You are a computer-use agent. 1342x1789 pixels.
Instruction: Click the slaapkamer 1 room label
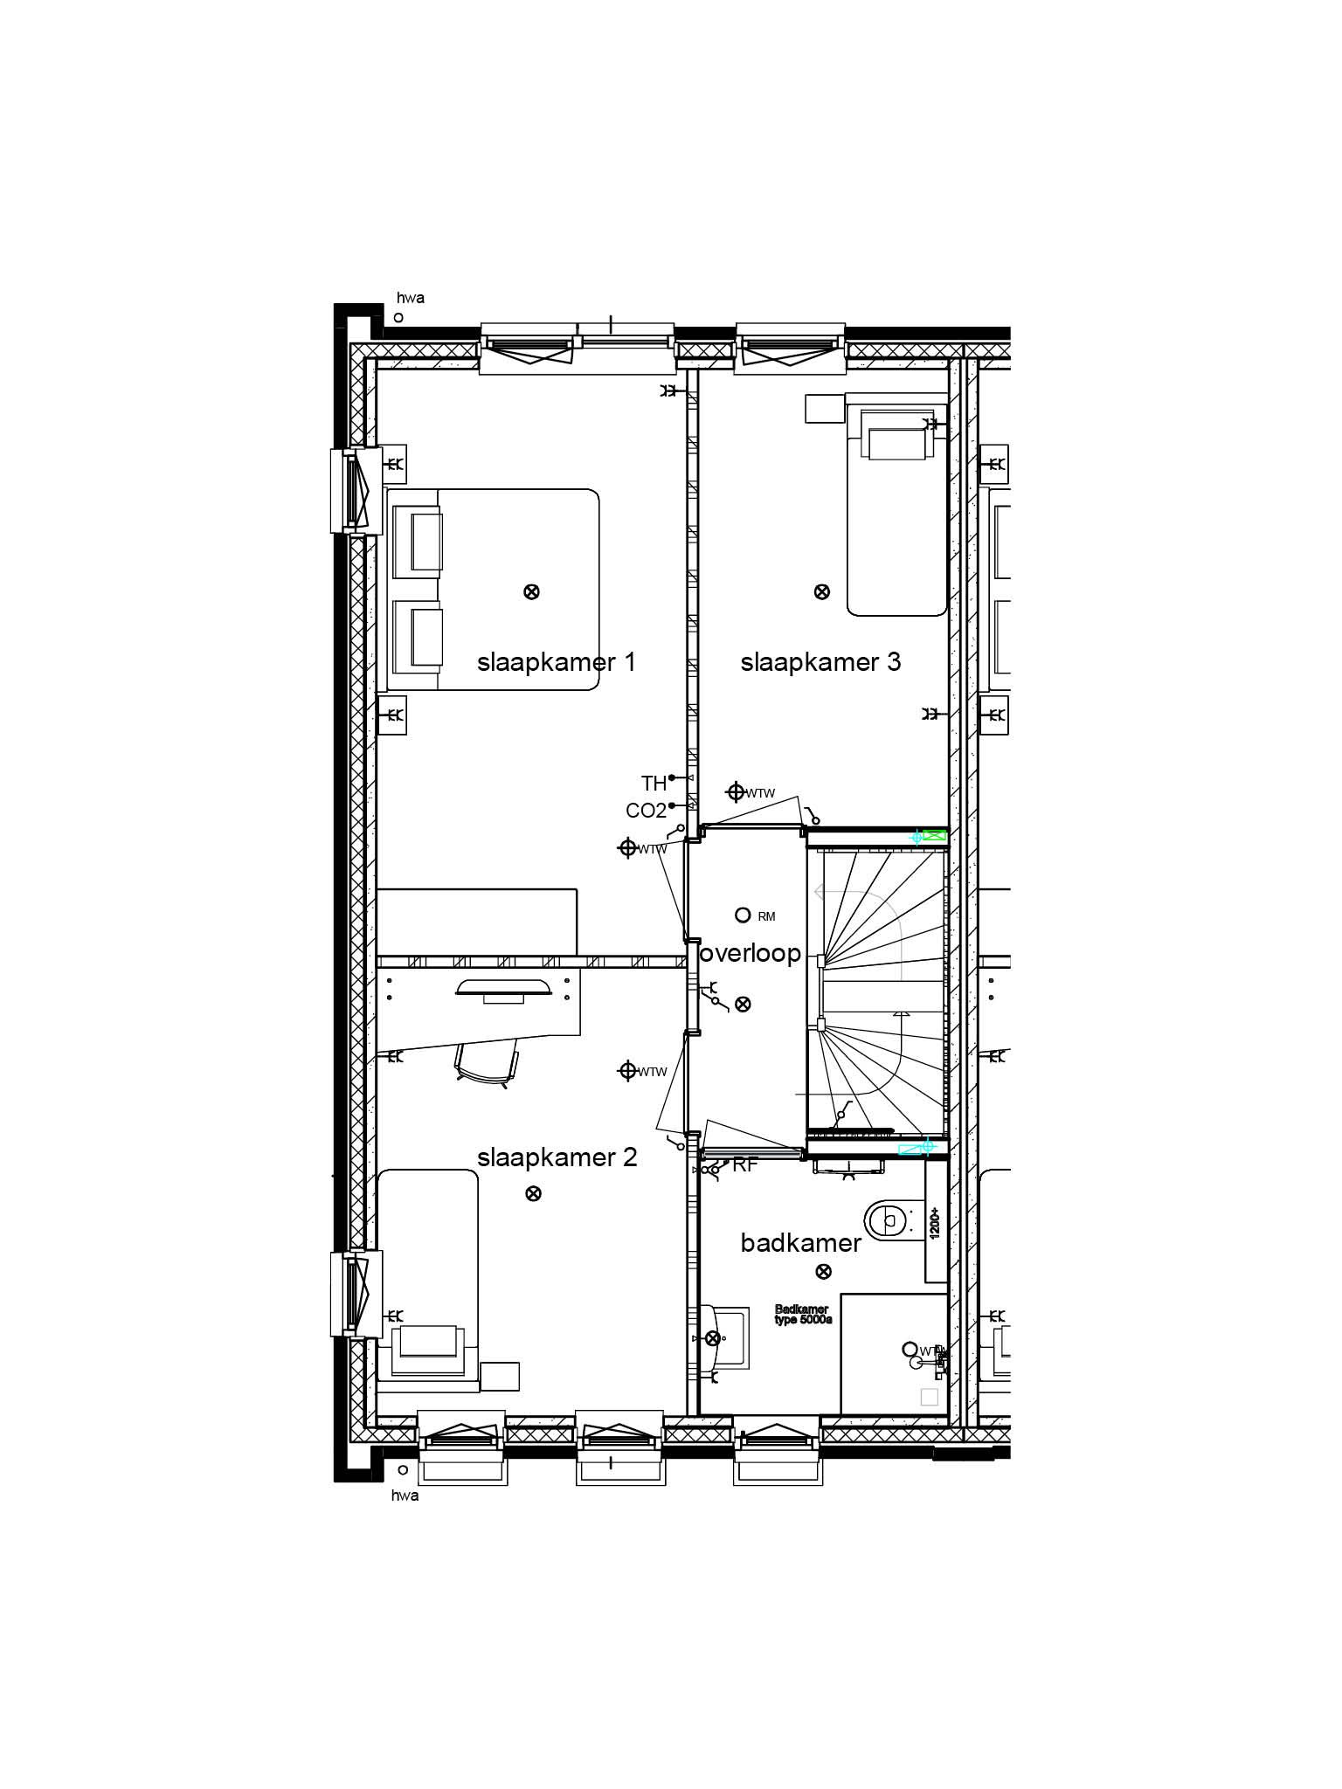pos(556,662)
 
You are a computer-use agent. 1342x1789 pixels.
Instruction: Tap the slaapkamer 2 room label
pos(557,1158)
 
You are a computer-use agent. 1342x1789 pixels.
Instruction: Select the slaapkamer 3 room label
pos(820,662)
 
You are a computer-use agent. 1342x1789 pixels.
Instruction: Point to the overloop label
pos(751,954)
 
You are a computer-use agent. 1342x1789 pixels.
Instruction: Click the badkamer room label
pos(800,1243)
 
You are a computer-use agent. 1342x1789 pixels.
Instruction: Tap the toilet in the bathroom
pos(887,1217)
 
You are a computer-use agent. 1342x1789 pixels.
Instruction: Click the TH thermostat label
pos(654,784)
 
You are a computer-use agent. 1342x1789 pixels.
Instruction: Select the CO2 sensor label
pos(646,812)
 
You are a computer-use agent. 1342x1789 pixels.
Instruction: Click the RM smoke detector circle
pos(743,915)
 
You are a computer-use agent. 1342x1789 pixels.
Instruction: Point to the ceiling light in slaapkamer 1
pos(530,591)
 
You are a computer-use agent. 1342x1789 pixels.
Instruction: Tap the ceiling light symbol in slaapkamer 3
pos(821,591)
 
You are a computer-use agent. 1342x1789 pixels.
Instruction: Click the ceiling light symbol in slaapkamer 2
pos(532,1193)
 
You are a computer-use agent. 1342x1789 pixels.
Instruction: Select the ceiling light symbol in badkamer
pos(822,1271)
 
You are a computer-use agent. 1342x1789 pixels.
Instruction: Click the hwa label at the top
pos(410,298)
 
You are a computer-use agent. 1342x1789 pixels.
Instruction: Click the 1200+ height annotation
pos(934,1223)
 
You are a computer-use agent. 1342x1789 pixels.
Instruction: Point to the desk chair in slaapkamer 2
pos(485,1065)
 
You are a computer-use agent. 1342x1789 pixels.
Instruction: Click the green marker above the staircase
pos(934,836)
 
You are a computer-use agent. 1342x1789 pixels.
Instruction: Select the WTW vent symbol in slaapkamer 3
pos(736,792)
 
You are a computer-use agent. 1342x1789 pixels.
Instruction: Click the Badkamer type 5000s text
pos(802,1315)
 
